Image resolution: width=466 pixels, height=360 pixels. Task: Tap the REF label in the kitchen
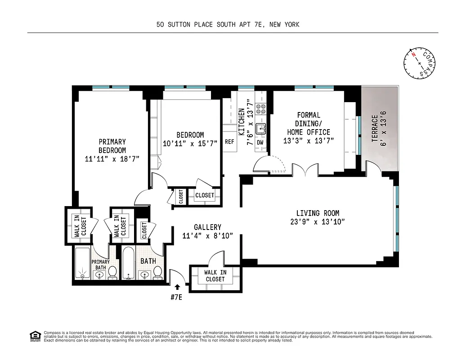click(x=229, y=142)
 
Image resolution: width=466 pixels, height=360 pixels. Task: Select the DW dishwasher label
click(x=260, y=142)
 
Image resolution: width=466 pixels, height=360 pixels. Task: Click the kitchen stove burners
click(x=261, y=109)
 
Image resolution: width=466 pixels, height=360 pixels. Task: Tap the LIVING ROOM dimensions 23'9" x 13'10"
click(x=318, y=221)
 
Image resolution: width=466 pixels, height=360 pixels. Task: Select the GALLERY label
click(x=207, y=227)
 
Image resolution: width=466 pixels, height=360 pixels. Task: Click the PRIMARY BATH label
click(x=100, y=265)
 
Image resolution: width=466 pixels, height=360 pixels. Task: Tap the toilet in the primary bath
click(x=112, y=272)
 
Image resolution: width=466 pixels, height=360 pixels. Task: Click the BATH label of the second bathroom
click(x=148, y=261)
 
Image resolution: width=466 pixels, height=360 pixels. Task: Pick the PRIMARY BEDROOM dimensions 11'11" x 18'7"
click(x=112, y=159)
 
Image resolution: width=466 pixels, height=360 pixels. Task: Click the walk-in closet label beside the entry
click(x=215, y=275)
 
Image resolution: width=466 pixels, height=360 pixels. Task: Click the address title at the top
click(x=228, y=25)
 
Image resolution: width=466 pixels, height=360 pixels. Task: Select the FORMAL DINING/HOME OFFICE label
click(x=309, y=124)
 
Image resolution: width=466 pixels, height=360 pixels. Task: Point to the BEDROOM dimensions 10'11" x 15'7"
click(x=190, y=143)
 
